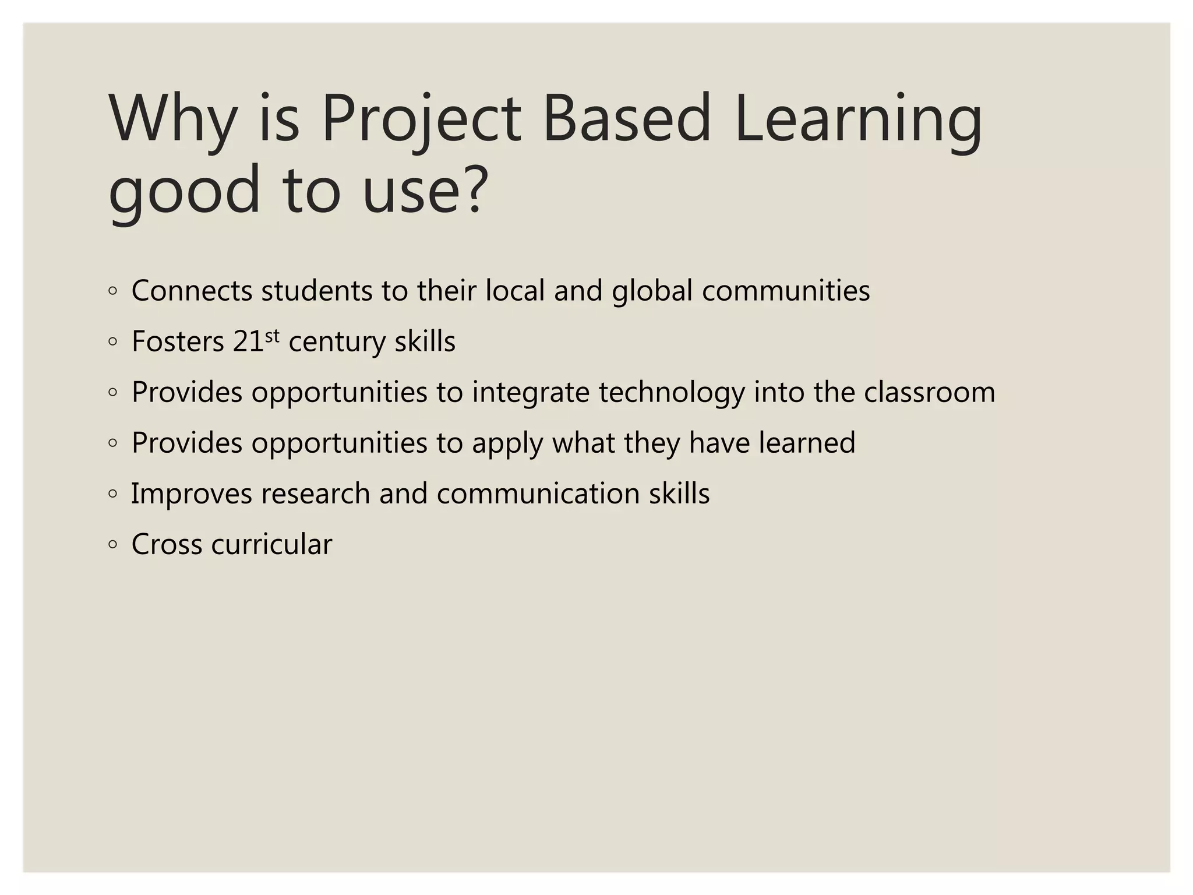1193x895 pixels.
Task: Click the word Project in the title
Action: [421, 120]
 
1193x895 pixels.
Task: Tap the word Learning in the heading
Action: [857, 120]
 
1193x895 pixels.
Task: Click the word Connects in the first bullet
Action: [192, 291]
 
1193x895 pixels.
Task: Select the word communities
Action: [785, 291]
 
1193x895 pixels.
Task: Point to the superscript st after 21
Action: [272, 336]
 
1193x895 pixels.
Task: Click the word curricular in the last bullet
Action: [271, 544]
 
